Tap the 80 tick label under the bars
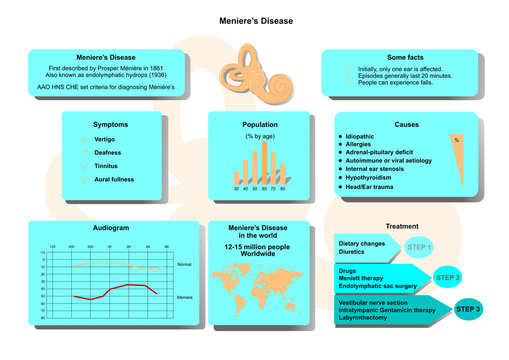(283, 188)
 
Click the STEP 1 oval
(419, 247)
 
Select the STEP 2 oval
(446, 277)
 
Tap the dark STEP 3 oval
(468, 309)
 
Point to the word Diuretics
(353, 252)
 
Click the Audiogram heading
(110, 229)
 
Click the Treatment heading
(402, 226)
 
